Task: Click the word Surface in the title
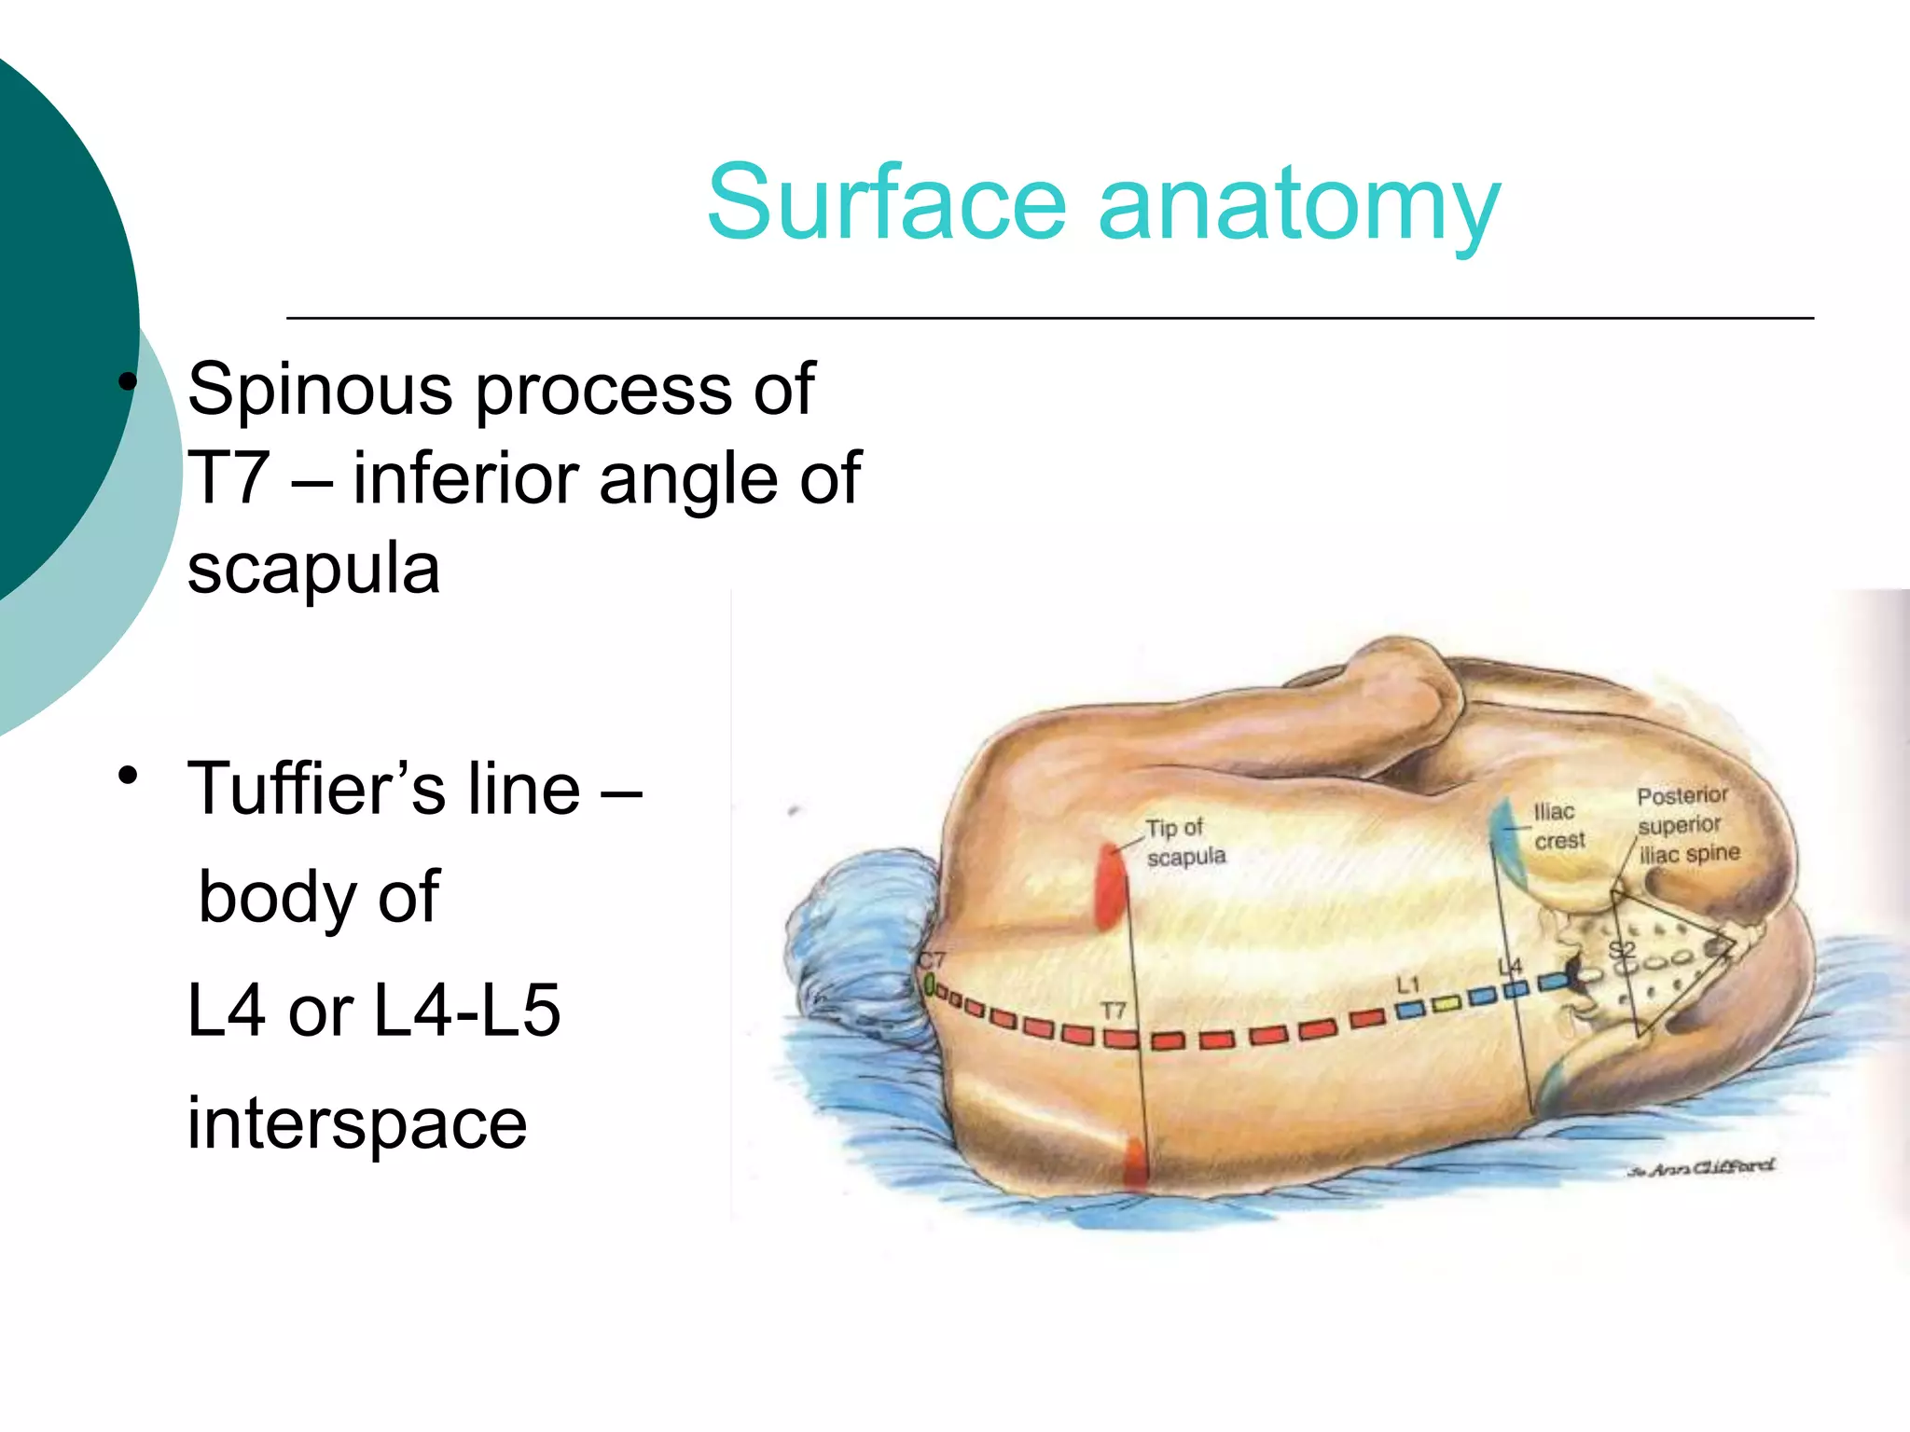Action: pos(886,203)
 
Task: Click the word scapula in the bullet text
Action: pos(313,569)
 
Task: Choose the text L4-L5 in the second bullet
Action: pos(466,1011)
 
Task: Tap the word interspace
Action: pos(356,1124)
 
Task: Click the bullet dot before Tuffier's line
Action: pos(128,776)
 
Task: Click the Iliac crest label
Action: pos(1558,826)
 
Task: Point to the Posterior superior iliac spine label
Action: pos(1687,825)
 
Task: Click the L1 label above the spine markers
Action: pos(1407,984)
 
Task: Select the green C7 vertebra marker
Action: pos(929,984)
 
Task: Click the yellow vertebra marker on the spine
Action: pos(1445,1004)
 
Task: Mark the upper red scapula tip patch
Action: pos(1109,886)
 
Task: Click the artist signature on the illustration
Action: pos(1701,1167)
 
